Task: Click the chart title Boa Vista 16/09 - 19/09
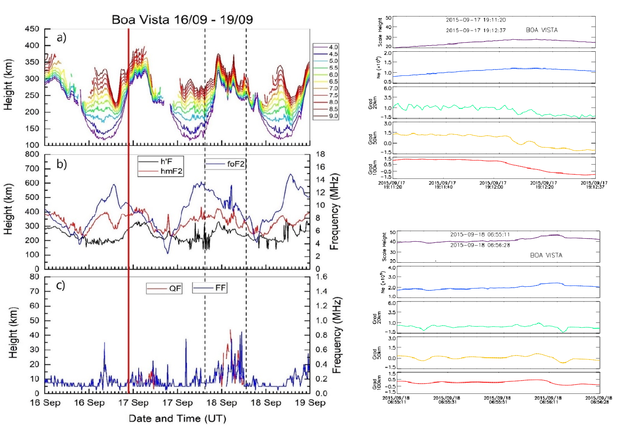(x=182, y=20)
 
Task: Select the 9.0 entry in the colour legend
(x=333, y=116)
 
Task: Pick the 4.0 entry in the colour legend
(x=333, y=47)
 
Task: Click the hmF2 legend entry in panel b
(x=171, y=171)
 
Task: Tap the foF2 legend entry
(x=235, y=164)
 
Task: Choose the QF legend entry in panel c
(x=175, y=289)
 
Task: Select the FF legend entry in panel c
(x=220, y=288)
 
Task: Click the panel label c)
(x=61, y=285)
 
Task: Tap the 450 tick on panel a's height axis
(x=32, y=29)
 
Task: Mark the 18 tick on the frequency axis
(x=321, y=154)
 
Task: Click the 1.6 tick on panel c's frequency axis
(x=321, y=277)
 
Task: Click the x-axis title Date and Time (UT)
(x=177, y=418)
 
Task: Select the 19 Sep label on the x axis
(x=310, y=403)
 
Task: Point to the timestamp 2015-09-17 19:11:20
(x=476, y=20)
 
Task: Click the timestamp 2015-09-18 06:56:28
(x=480, y=245)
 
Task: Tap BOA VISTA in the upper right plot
(x=542, y=30)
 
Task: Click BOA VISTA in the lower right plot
(x=546, y=255)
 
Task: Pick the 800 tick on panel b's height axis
(x=32, y=154)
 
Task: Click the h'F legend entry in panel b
(x=166, y=161)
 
